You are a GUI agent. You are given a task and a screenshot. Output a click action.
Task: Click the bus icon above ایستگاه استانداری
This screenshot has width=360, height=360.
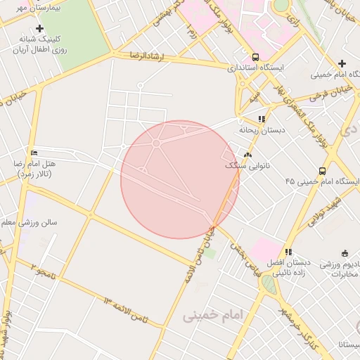(255, 57)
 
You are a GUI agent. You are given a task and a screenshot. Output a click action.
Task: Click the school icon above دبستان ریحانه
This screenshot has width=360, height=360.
(262, 119)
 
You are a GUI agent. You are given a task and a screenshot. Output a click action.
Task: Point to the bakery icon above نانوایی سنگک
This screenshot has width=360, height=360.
(247, 155)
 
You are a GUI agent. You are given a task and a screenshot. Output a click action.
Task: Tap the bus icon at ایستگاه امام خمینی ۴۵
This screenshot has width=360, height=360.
(322, 171)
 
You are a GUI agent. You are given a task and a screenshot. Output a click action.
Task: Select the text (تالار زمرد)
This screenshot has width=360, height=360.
(33, 172)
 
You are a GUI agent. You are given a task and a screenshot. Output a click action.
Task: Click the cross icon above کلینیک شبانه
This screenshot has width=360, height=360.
(39, 29)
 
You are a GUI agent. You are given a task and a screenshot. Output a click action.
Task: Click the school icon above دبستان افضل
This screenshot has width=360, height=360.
(288, 252)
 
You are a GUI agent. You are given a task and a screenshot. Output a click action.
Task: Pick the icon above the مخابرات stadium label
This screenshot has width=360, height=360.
(345, 253)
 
